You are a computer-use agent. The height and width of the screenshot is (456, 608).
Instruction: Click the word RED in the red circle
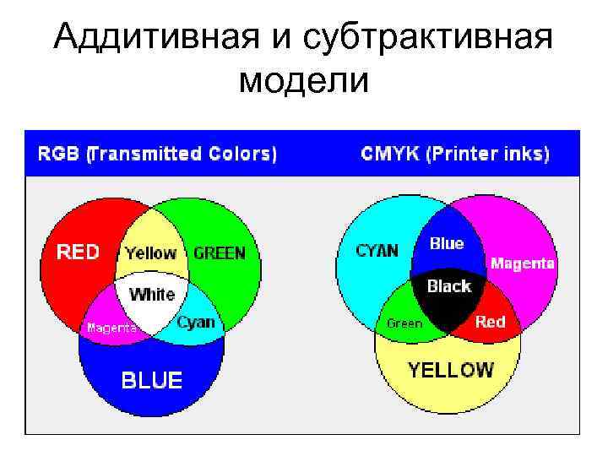(77, 252)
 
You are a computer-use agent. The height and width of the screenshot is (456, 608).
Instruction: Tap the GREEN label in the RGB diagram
(220, 252)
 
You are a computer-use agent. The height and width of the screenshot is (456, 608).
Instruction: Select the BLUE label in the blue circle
(151, 381)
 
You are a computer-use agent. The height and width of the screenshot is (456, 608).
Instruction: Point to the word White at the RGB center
(152, 295)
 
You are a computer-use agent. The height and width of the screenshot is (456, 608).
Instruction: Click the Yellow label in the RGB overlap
(150, 252)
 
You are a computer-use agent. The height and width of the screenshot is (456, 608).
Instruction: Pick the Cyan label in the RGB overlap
(196, 322)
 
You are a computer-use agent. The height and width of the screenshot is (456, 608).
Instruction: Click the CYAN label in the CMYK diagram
(377, 251)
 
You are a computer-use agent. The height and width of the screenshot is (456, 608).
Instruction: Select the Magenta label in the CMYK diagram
(523, 263)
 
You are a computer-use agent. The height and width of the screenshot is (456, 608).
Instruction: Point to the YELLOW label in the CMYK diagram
(451, 369)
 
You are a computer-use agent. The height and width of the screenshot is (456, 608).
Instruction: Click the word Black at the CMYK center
(448, 286)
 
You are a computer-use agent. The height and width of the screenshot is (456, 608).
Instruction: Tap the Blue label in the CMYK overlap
(447, 243)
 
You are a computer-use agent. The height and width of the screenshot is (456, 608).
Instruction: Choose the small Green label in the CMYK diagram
(404, 323)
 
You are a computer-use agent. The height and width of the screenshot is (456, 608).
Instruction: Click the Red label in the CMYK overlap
(490, 321)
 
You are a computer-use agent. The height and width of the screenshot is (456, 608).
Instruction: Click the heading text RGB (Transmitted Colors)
(156, 154)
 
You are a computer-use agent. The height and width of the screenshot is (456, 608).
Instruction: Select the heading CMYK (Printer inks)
(454, 154)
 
